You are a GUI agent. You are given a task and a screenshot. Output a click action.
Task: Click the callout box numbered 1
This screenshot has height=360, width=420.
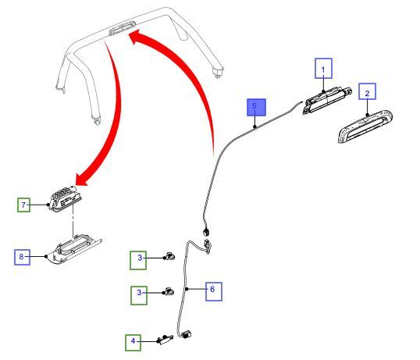click(x=323, y=68)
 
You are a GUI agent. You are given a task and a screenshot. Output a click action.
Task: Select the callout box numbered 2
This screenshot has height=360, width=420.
click(x=367, y=91)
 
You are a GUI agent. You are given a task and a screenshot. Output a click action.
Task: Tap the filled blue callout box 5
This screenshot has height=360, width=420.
click(x=256, y=108)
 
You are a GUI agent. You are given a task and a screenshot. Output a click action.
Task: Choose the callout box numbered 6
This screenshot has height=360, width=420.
click(x=214, y=291)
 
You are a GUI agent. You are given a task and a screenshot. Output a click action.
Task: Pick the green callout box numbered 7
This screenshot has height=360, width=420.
click(x=23, y=205)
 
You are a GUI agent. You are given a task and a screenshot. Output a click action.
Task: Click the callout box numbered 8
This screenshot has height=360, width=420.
click(x=22, y=257)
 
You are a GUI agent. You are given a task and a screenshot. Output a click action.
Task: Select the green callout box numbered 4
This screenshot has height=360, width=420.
click(x=133, y=343)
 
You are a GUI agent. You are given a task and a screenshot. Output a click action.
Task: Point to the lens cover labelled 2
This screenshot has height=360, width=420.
click(x=365, y=127)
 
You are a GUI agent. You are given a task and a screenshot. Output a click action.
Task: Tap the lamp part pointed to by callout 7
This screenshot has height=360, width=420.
click(x=65, y=198)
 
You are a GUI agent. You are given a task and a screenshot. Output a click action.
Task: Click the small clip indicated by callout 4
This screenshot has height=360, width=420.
click(x=165, y=340)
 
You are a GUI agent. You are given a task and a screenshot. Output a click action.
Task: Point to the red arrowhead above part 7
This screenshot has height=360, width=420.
click(x=83, y=179)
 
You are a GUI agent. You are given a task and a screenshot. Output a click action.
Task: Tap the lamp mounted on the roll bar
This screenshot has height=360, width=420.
click(x=123, y=28)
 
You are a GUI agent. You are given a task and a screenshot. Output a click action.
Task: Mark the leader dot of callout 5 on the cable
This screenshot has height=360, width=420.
click(x=254, y=127)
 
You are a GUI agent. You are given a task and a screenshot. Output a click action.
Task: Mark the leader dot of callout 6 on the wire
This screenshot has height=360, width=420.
click(x=187, y=289)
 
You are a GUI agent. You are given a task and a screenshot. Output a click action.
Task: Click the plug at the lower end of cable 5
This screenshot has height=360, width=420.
click(x=207, y=231)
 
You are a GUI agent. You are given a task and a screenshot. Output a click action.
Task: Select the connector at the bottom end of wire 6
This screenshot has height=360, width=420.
click(x=187, y=334)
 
